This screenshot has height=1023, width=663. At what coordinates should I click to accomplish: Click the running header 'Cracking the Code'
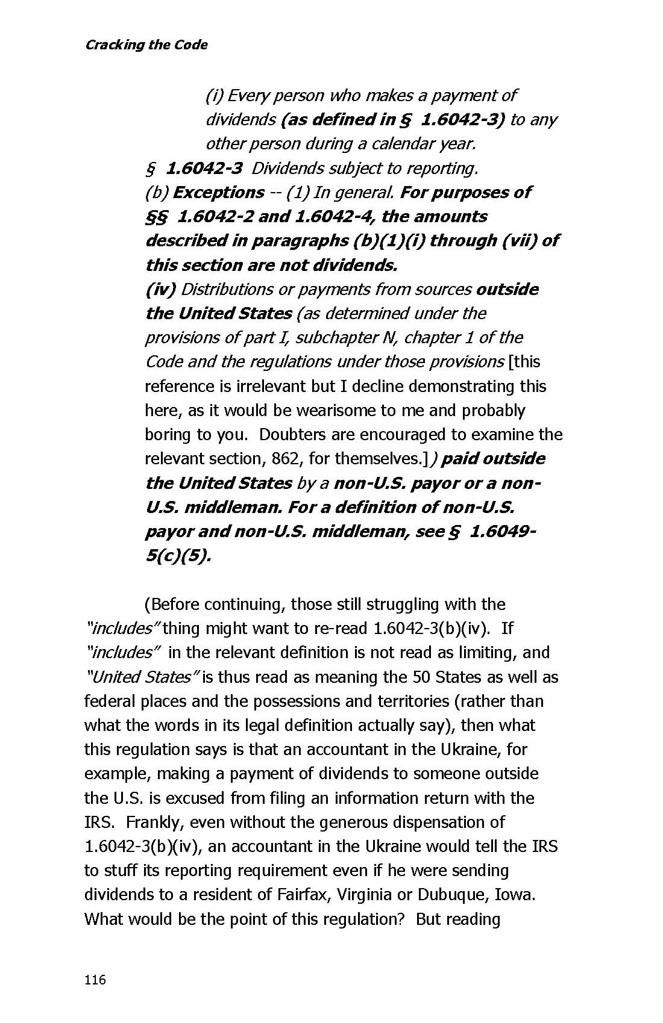[x=146, y=45]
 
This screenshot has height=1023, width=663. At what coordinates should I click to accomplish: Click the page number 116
[x=95, y=980]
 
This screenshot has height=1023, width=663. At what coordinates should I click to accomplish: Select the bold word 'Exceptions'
[x=218, y=193]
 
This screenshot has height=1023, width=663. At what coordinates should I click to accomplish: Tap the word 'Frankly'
[x=150, y=822]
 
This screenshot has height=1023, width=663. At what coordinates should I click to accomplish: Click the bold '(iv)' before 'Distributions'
[x=160, y=290]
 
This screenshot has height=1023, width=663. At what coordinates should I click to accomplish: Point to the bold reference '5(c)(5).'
[x=178, y=556]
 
